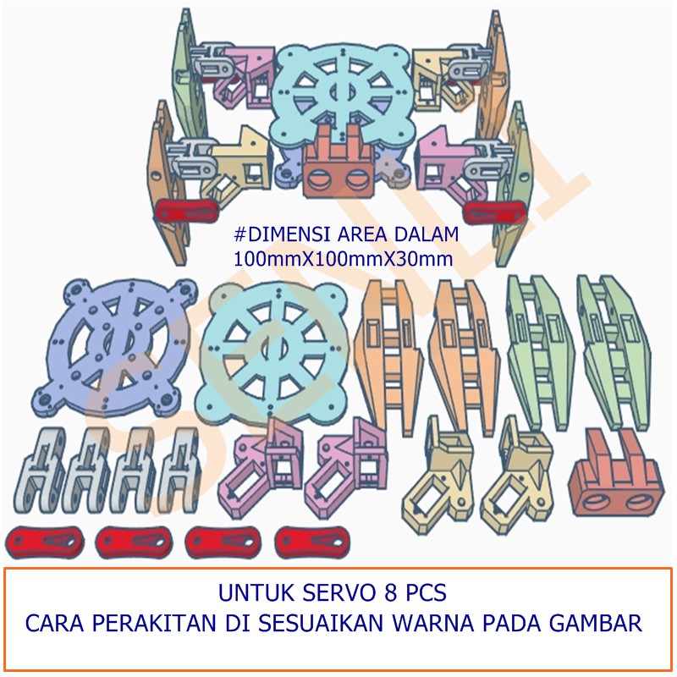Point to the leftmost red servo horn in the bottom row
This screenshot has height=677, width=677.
pos(42,540)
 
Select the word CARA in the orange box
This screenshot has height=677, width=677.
pos(53,625)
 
